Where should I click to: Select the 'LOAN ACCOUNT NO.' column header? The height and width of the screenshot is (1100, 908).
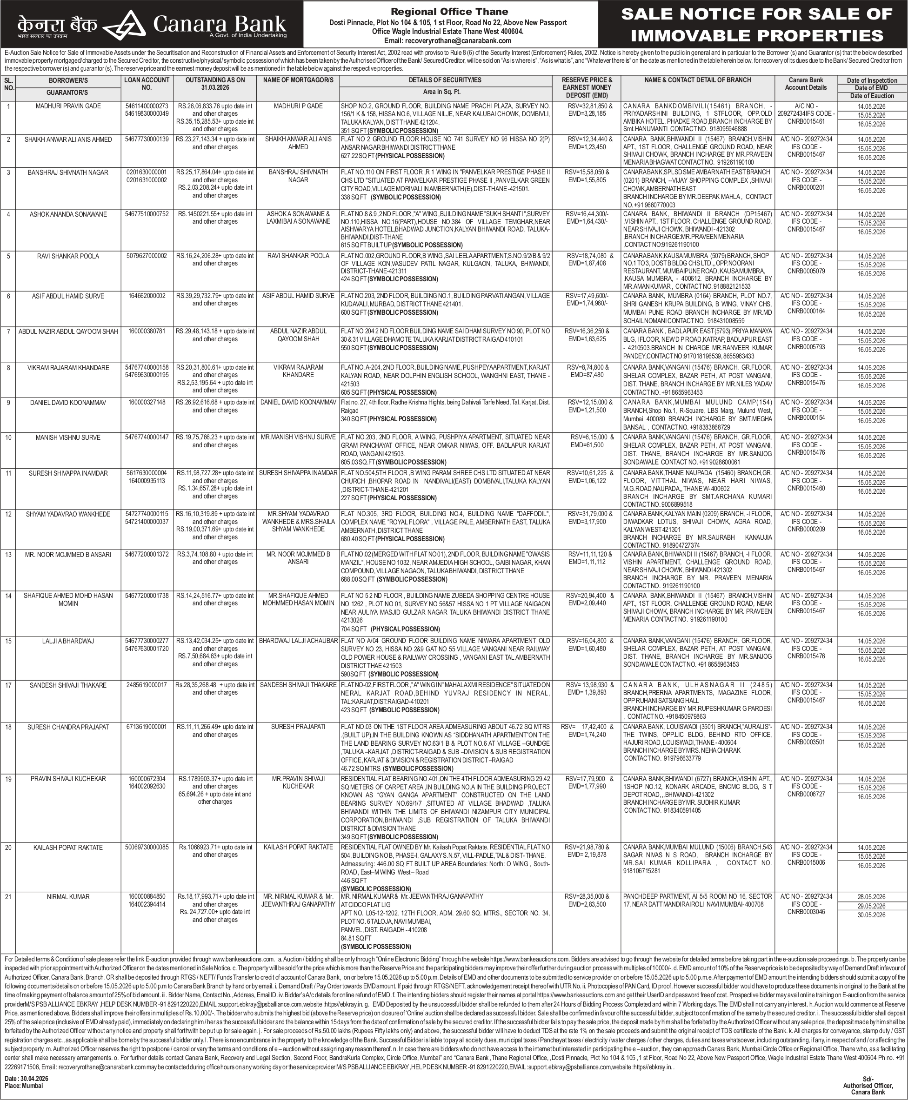click(x=147, y=84)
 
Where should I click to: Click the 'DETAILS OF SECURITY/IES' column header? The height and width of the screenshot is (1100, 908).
click(x=445, y=80)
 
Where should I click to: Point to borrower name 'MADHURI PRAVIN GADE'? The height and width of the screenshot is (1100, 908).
click(x=68, y=106)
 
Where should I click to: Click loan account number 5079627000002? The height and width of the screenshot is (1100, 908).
click(x=147, y=256)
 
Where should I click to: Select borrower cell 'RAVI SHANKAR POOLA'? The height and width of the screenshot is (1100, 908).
click(x=68, y=256)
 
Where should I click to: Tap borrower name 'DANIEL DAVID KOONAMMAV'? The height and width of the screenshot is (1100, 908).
click(x=68, y=403)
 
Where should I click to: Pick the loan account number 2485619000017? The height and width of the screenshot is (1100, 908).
click(x=147, y=685)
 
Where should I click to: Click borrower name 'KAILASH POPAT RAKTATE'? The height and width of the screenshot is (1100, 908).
click(x=68, y=848)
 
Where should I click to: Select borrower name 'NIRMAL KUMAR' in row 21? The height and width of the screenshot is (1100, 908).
click(x=68, y=897)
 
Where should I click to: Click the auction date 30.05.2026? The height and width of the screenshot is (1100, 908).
click(x=871, y=915)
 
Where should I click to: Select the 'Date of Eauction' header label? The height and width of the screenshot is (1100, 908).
click(x=872, y=96)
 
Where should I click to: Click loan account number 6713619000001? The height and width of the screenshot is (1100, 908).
click(x=147, y=727)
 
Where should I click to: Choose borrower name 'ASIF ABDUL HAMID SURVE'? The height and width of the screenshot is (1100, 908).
click(x=68, y=296)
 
